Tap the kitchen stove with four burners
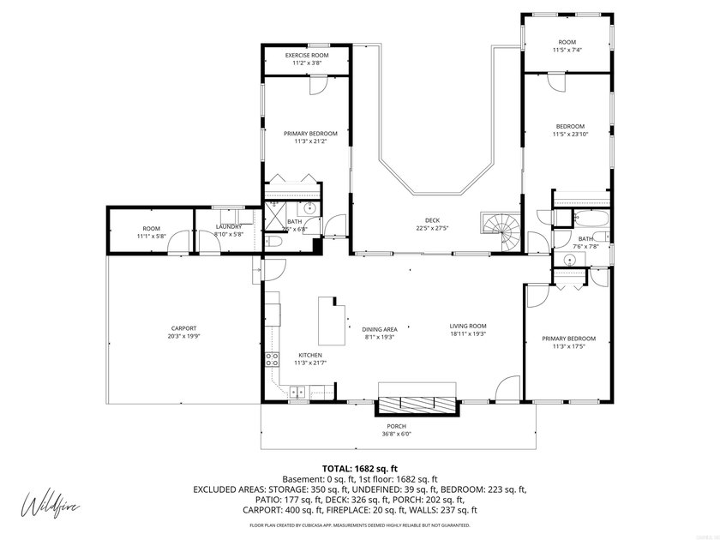point(272,361)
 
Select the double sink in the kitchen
point(297,393)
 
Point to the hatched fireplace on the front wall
point(417,405)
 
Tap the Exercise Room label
point(306,56)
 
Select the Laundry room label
point(229,226)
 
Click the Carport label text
point(183,328)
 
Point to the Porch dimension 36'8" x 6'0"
point(396,435)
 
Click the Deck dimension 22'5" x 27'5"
point(432,228)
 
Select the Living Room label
point(468,326)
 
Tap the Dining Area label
point(379,329)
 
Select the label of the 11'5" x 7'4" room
point(567,42)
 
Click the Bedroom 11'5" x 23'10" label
point(568,126)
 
